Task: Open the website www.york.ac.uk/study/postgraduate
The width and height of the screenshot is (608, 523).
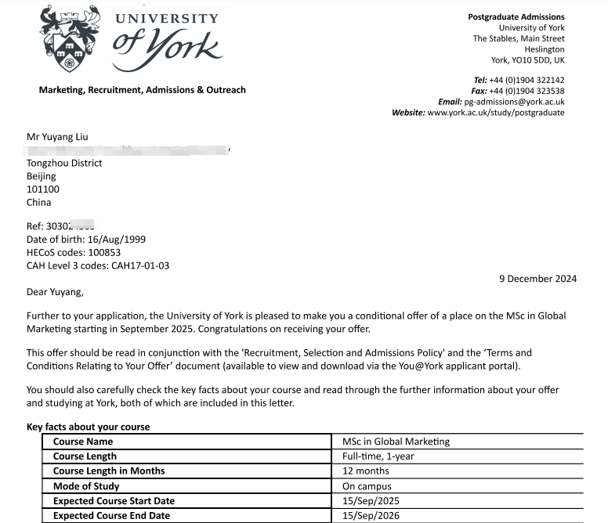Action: pos(495,113)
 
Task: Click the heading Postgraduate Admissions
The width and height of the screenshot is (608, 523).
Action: pos(516,17)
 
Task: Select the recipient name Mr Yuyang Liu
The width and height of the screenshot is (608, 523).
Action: pos(58,137)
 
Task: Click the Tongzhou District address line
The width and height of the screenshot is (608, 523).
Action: pos(64,164)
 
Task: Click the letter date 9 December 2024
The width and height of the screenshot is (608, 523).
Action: pos(537,279)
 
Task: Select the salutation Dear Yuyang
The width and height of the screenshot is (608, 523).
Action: pos(54,293)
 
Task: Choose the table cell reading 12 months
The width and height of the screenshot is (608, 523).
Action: pos(366,471)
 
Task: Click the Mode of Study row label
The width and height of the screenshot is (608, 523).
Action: pos(86,486)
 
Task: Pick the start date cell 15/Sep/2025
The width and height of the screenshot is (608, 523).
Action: pos(371,501)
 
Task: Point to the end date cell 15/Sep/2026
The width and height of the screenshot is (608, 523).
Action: pos(371,516)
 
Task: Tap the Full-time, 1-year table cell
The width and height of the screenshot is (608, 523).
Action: pos(378,456)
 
